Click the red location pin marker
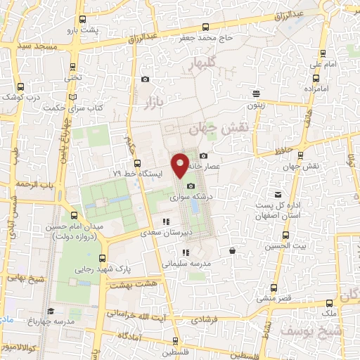click(x=181, y=165)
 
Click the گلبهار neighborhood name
click(x=205, y=65)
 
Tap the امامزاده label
click(x=319, y=90)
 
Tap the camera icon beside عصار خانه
click(x=203, y=155)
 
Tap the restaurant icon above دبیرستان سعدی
click(x=166, y=222)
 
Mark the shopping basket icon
click(x=233, y=250)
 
